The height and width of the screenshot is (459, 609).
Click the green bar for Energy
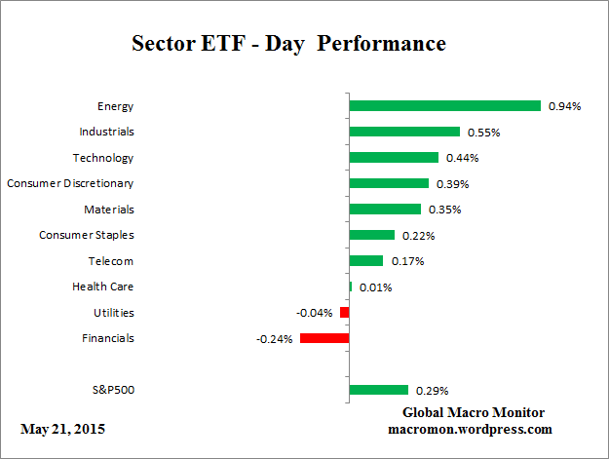[x=444, y=106]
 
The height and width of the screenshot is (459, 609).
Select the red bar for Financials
[x=324, y=338]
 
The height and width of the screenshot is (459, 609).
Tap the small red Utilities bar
[x=344, y=313]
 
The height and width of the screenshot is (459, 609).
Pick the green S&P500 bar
[x=378, y=390]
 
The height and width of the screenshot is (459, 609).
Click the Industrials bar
[x=404, y=132]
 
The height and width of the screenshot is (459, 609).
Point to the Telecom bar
[x=366, y=261]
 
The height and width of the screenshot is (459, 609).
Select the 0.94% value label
[x=564, y=106]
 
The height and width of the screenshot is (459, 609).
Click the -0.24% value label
[x=275, y=339]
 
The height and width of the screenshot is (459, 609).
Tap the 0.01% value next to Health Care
[x=375, y=287]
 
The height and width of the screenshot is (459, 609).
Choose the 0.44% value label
[x=462, y=158]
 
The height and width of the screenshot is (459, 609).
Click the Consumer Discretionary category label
[x=70, y=183]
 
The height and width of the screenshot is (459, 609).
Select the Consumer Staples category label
[x=87, y=235]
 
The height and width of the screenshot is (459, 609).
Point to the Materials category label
[x=108, y=210]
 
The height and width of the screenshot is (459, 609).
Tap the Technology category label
[x=103, y=158]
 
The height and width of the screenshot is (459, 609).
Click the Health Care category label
[x=103, y=287]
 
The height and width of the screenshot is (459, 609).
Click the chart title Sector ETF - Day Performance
[x=287, y=45]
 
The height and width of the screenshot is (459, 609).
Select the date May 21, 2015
[x=62, y=429]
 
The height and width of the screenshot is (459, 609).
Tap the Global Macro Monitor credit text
[x=474, y=412]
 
